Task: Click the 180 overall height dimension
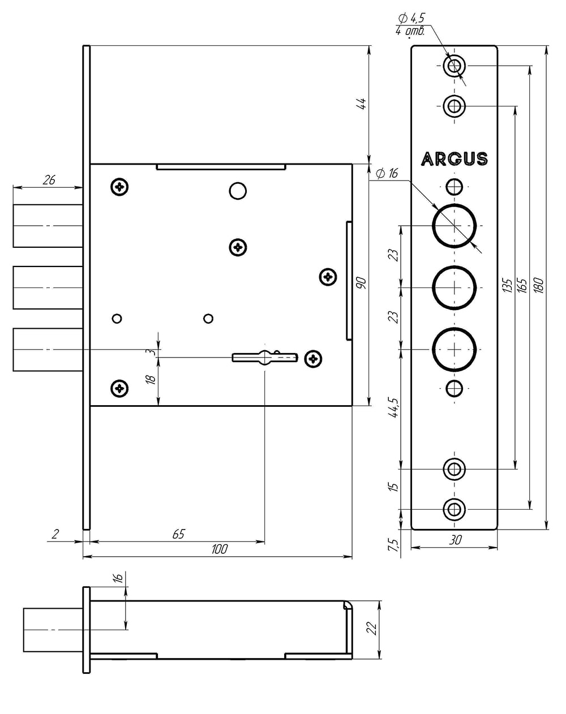(x=539, y=285)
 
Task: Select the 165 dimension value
(x=522, y=285)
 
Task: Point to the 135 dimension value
(x=507, y=285)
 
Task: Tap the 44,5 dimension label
(x=395, y=407)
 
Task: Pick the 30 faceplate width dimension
(x=455, y=540)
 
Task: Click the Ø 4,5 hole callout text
(x=411, y=18)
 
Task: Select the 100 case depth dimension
(x=220, y=549)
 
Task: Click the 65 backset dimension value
(x=179, y=534)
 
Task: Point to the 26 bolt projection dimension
(x=49, y=180)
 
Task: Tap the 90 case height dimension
(x=362, y=283)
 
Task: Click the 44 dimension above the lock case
(x=362, y=104)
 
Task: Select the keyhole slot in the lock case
(x=264, y=358)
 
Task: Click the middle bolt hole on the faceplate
(x=454, y=287)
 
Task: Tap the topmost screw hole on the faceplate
(x=454, y=66)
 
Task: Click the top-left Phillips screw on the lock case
(x=119, y=187)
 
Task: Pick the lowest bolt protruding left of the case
(x=48, y=350)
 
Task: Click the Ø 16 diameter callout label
(x=387, y=173)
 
